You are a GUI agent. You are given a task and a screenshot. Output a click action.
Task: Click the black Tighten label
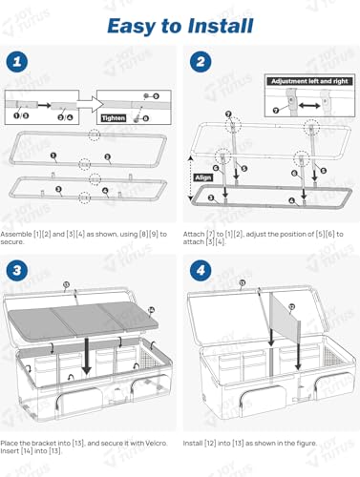tap(113, 117)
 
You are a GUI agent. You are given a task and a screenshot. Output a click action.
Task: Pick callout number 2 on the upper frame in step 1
tap(107, 156)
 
